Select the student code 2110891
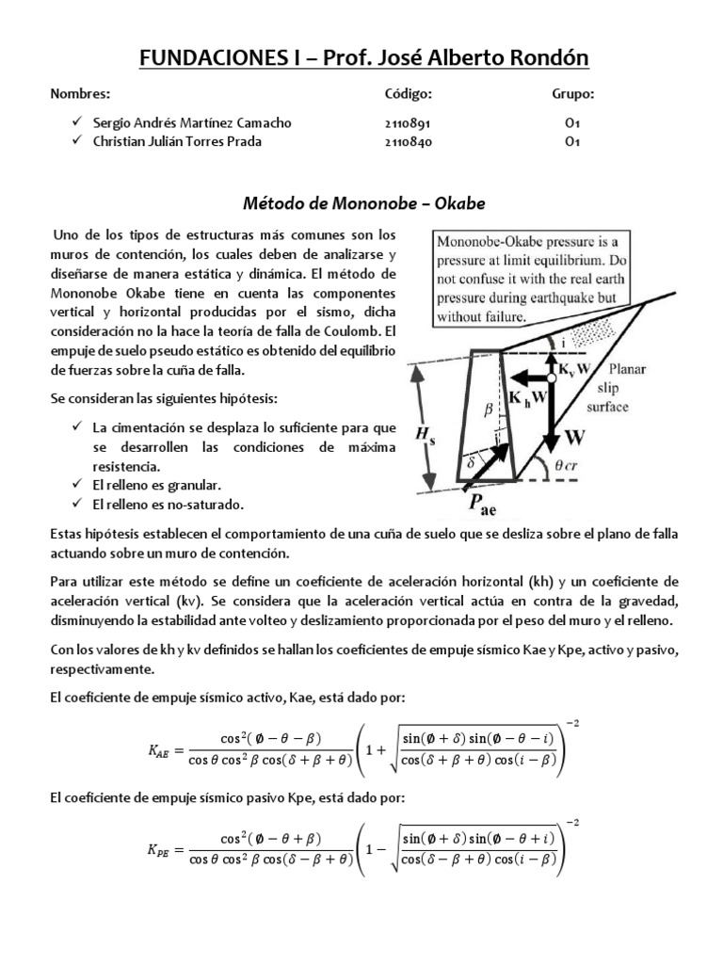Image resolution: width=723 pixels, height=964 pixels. (x=408, y=123)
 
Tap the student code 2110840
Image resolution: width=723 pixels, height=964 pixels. (x=408, y=142)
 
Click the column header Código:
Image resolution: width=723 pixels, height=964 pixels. (x=408, y=96)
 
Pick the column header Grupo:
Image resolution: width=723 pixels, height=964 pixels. (x=572, y=96)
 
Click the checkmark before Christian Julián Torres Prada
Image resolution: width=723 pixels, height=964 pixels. (x=77, y=142)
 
